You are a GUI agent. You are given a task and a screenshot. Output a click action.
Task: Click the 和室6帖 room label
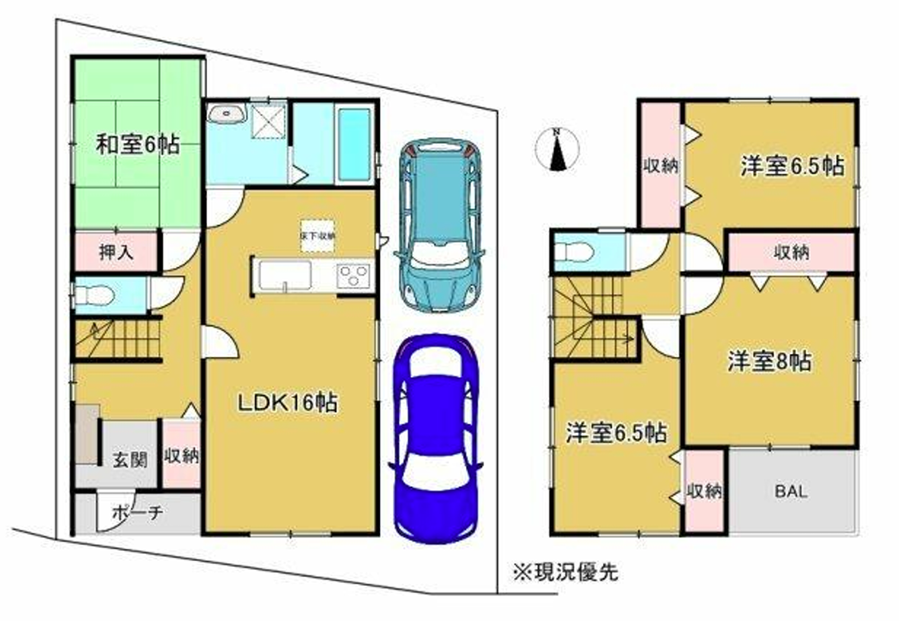pos(137,145)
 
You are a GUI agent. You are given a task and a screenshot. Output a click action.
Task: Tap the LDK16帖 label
pos(289,403)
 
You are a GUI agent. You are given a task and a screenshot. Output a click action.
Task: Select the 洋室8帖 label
pos(768,362)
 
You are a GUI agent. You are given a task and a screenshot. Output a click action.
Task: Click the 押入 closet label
pos(116,252)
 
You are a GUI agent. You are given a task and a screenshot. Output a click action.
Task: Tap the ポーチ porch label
pos(138,512)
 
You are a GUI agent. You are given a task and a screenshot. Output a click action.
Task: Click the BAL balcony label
pos(792,491)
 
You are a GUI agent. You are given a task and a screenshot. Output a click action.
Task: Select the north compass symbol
pos(558,149)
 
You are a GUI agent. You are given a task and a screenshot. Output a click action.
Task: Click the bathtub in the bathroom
pos(353,145)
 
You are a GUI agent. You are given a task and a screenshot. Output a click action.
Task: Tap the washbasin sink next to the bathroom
pos(227,115)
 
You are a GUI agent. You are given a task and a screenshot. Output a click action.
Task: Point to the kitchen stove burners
pos(353,275)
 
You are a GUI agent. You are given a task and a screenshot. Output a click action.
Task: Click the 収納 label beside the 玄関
pos(183,457)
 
